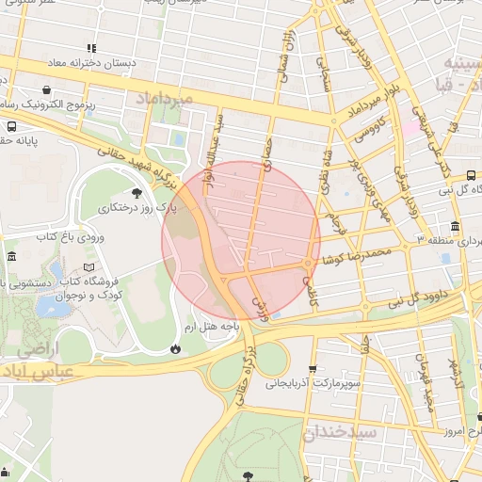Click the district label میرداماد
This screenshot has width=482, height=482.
[167, 98]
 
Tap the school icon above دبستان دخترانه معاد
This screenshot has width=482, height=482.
[91, 48]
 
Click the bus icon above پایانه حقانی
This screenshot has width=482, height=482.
[10, 126]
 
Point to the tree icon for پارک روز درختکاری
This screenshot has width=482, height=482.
[137, 193]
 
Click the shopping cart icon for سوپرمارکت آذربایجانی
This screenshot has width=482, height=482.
[313, 368]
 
